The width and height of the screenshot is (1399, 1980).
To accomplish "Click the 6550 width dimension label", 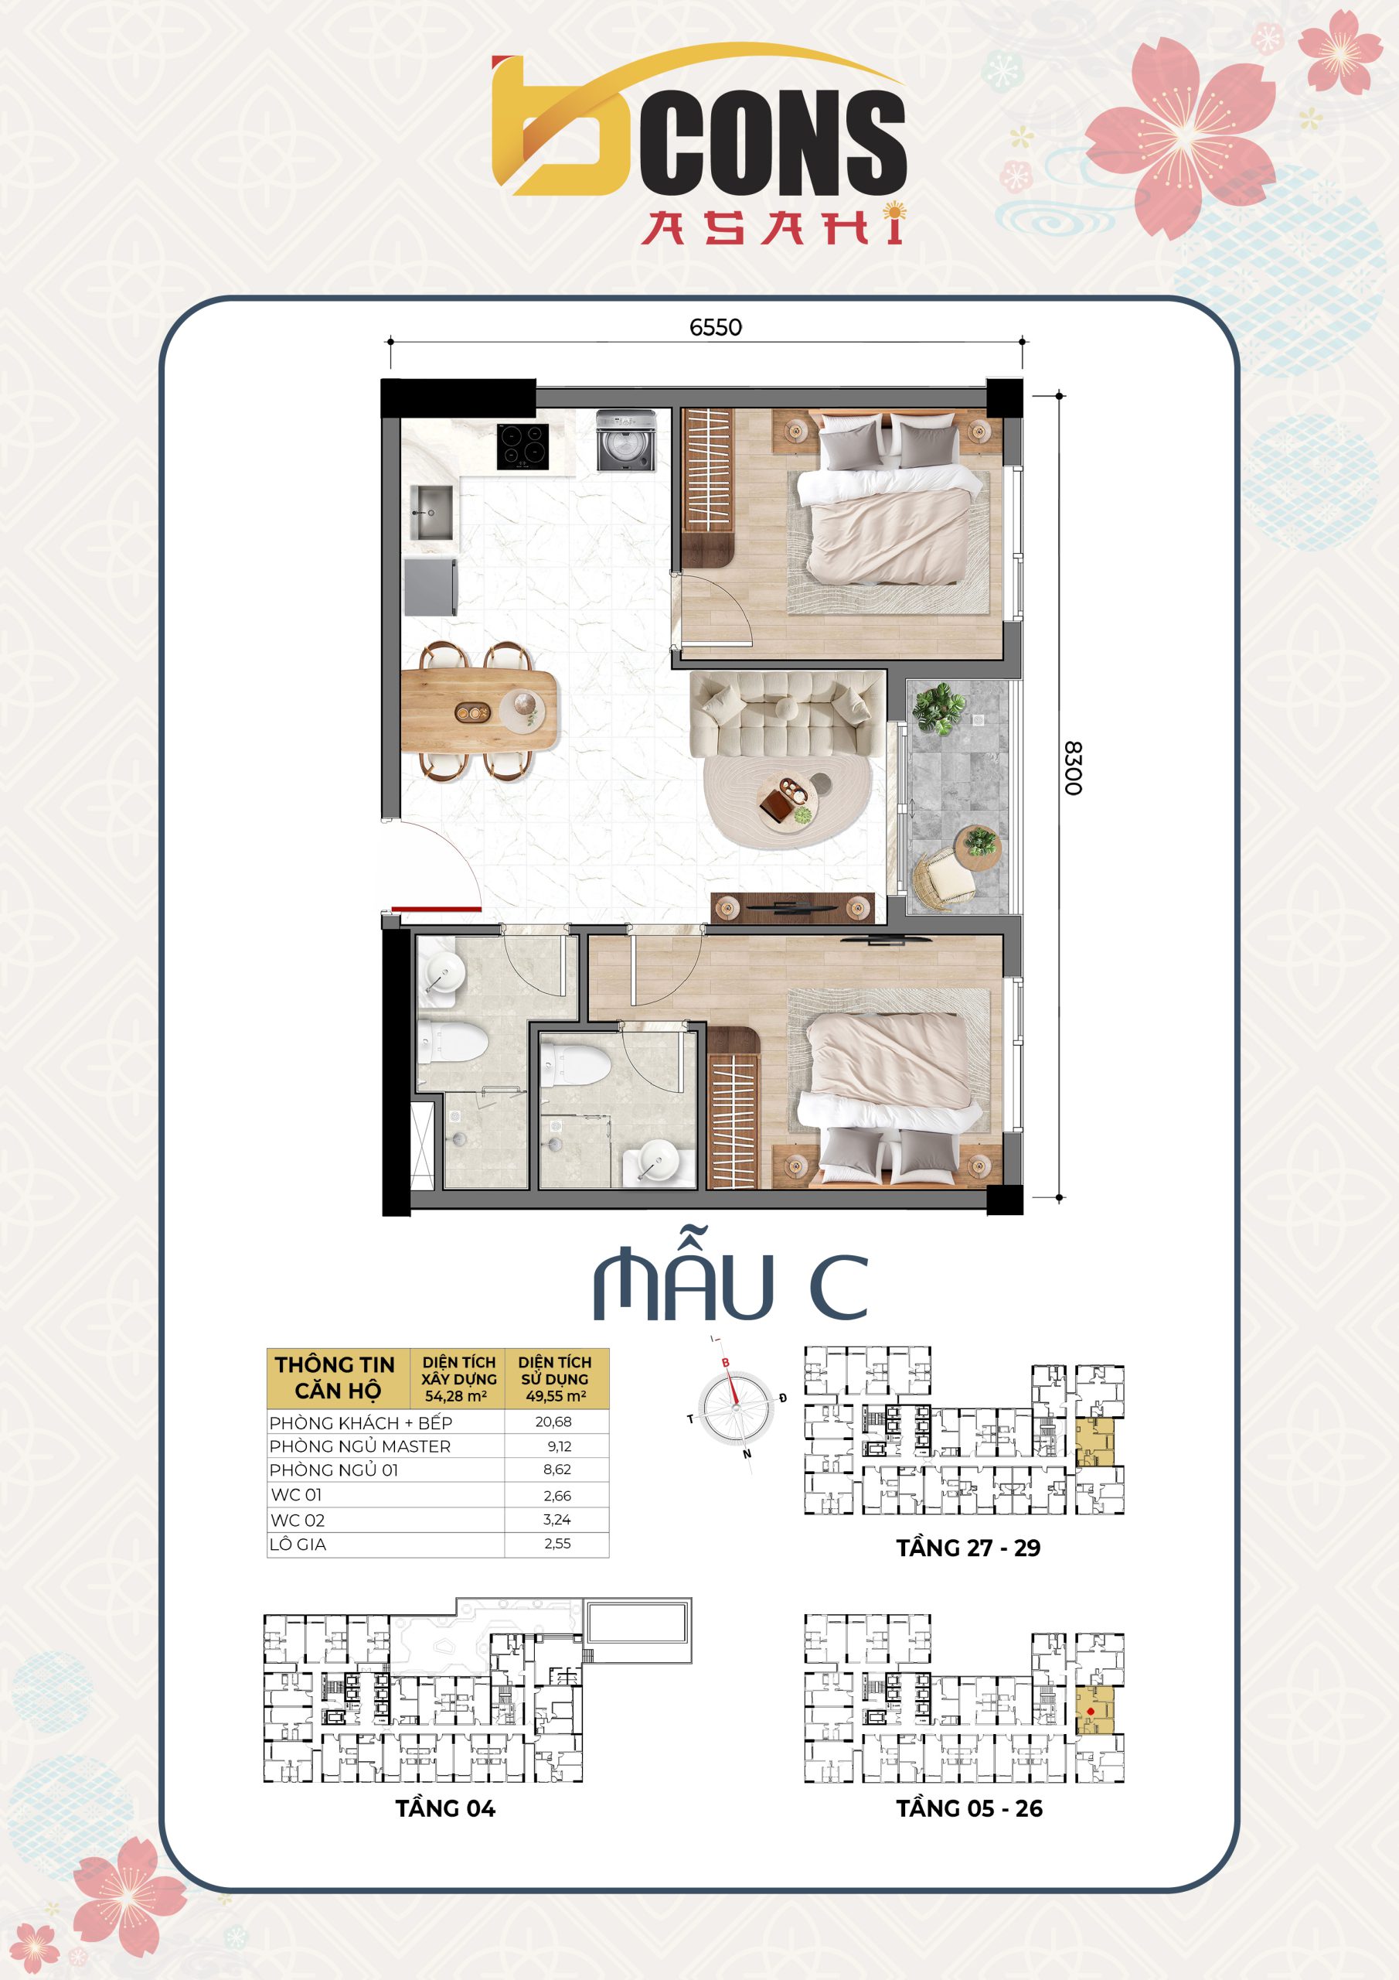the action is [x=716, y=327].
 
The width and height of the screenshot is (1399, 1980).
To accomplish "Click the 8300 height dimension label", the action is [x=1072, y=767].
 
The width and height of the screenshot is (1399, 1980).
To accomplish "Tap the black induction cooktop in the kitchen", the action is [x=522, y=445].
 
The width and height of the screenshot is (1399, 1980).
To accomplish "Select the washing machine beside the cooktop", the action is [x=627, y=441].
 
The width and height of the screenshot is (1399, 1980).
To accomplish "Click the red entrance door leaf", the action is [x=436, y=909].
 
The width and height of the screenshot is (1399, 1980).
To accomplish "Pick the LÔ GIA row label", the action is [x=298, y=1545].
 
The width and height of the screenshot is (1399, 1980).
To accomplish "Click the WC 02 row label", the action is [x=298, y=1521].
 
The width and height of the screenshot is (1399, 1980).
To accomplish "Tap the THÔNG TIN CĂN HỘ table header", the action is [x=336, y=1377].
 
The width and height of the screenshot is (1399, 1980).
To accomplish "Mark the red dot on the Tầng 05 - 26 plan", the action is [x=1091, y=1712].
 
